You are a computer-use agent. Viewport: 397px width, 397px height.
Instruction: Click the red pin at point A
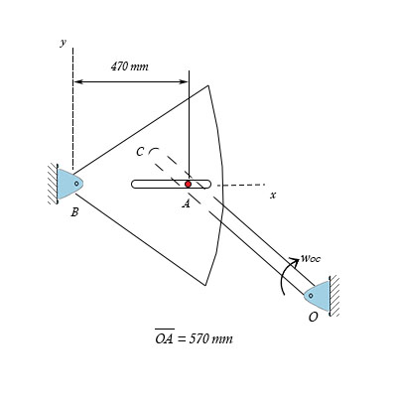pos(188,184)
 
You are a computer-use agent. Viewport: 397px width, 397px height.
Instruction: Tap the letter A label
pos(186,203)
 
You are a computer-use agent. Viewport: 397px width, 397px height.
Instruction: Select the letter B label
pos(74,211)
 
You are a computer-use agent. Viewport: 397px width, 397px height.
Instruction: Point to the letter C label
pos(140,152)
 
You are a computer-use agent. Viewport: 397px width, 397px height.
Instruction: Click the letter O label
pos(314,319)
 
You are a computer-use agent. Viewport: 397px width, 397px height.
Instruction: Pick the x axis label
pos(272,195)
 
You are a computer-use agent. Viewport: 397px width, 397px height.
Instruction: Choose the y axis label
pos(63,43)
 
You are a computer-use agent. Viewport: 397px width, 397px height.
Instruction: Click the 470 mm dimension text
pos(129,66)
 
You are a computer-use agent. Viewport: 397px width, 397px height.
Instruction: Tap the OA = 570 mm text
pos(194,338)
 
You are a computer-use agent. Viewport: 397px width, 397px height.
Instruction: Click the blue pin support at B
pos(69,184)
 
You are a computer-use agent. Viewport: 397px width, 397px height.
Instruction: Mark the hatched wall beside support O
pos(335,295)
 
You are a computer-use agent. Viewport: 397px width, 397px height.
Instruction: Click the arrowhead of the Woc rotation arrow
pos(293,264)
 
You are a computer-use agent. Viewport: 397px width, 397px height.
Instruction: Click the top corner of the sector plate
pos(208,85)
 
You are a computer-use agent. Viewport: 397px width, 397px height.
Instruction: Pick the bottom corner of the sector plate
pos(205,286)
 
